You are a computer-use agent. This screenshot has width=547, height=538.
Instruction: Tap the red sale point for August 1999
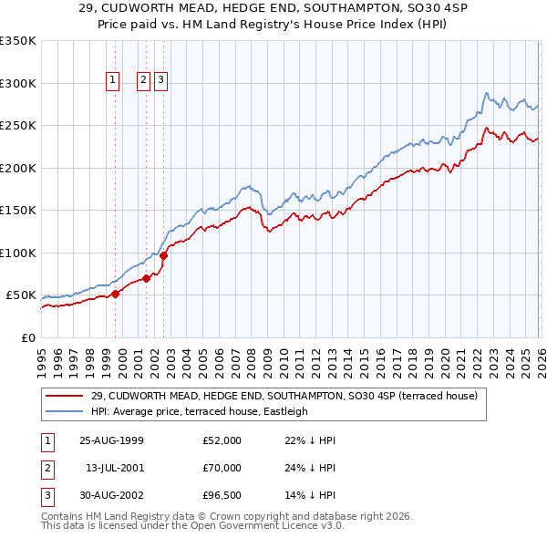pyautogui.click(x=116, y=294)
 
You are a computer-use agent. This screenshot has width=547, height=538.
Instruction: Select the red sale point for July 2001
pyautogui.click(x=146, y=278)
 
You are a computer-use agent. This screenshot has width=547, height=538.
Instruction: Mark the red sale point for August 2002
pyautogui.click(x=164, y=256)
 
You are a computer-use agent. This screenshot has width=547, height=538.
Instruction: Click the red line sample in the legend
pyautogui.click(x=66, y=396)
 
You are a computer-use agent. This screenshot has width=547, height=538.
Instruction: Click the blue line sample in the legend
pyautogui.click(x=66, y=411)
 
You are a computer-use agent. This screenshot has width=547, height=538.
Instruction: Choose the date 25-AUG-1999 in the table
pyautogui.click(x=110, y=440)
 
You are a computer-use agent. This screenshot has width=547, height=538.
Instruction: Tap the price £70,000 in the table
pyautogui.click(x=222, y=468)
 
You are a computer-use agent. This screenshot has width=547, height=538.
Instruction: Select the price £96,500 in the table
pyautogui.click(x=222, y=495)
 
